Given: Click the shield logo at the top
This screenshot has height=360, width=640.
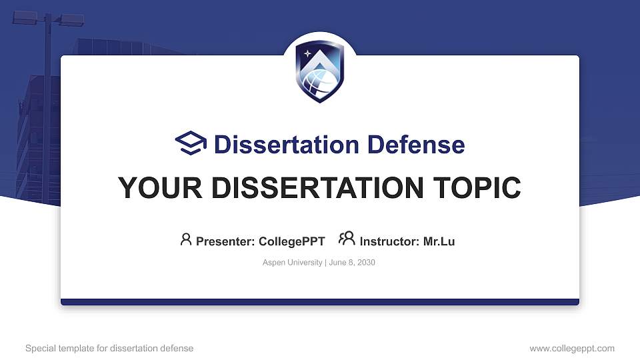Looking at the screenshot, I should coord(320,72).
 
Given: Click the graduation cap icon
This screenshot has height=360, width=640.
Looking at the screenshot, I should coord(191,143).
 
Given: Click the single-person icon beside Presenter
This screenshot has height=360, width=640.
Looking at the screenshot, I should coord(186,239).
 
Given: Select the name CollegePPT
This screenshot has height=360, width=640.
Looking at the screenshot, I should coord(291,241).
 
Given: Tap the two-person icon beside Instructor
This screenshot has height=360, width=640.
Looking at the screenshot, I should coord(347,239).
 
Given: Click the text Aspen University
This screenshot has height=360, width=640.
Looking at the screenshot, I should coord(292,263).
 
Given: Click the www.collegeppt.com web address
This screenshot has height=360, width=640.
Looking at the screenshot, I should coord(572,348).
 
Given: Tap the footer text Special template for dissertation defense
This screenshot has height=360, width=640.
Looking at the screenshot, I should coord(109,348).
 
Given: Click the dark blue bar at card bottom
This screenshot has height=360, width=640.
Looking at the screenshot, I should coord(320,302).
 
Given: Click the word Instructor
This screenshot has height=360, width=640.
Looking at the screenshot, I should coord(389,241).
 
